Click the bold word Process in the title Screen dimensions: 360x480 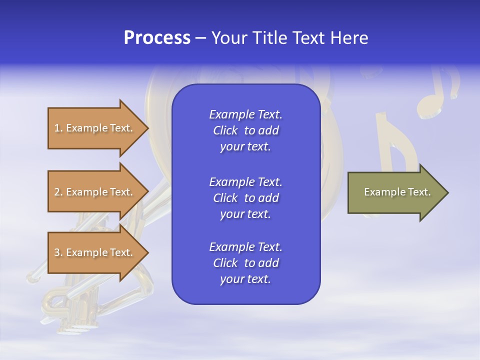(157, 38)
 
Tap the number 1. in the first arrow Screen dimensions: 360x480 (58, 128)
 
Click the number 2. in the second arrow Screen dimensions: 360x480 (58, 192)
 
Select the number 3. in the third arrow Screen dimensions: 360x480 (58, 252)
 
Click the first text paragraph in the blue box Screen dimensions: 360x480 (245, 130)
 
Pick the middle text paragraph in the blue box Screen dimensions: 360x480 (245, 198)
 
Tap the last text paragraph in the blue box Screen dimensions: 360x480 (245, 263)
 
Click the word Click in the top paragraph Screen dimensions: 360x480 (225, 130)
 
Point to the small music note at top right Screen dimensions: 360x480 (439, 92)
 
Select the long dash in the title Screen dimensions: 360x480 (200, 38)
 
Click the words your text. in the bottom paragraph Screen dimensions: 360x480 (245, 279)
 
